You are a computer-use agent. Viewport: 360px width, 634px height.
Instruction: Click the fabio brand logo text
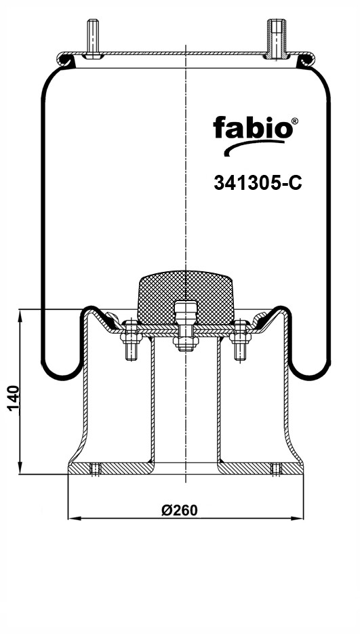tap(252, 128)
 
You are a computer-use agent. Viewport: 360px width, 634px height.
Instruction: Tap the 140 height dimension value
tap(14, 398)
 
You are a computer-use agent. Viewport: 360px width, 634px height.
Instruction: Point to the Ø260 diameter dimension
tap(180, 511)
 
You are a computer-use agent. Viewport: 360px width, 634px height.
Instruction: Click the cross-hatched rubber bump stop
tap(186, 297)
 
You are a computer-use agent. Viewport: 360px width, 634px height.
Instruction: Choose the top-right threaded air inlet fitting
tap(277, 39)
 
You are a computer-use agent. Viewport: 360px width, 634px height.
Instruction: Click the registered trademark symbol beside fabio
tap(295, 121)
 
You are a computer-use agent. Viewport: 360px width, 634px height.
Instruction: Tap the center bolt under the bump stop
tap(186, 326)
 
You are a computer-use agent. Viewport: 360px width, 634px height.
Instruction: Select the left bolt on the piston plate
tap(131, 339)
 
